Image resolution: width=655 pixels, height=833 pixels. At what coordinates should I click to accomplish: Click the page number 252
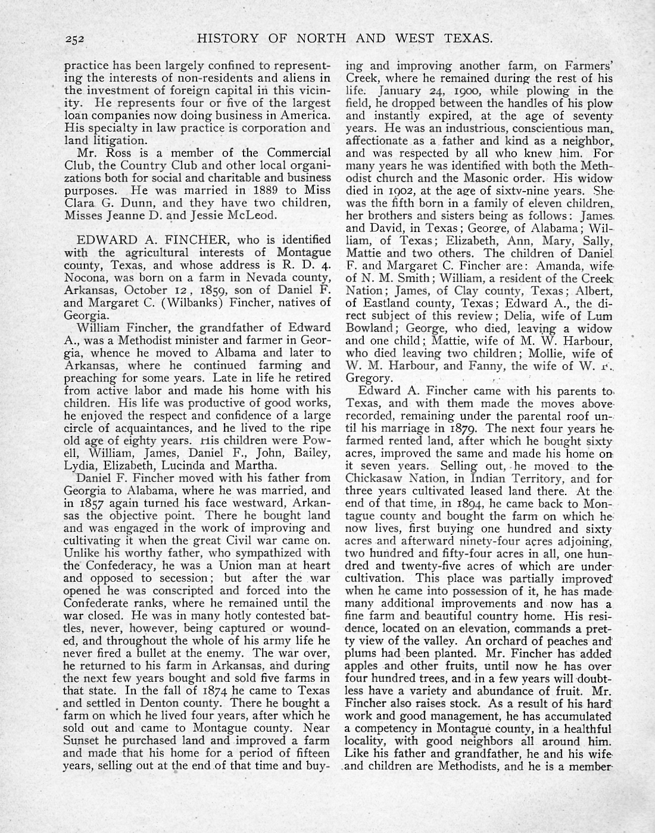76,40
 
